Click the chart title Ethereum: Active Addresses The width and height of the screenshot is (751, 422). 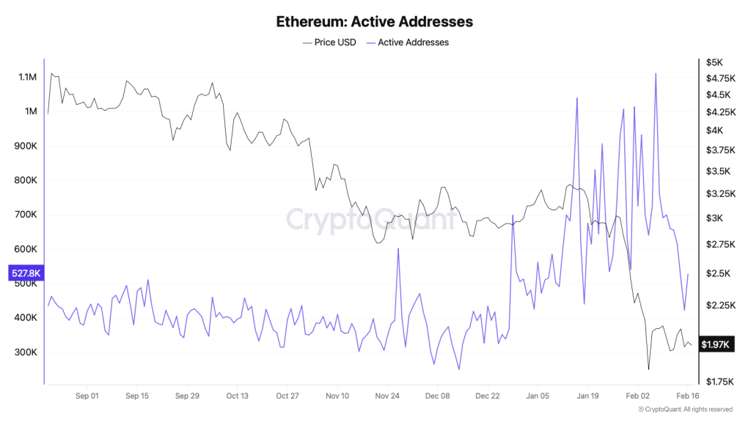point(374,21)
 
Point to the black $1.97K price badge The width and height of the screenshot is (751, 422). point(714,344)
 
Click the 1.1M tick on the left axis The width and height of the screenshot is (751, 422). point(27,77)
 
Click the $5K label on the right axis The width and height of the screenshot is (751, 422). point(714,62)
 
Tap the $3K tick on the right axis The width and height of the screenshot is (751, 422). point(714,218)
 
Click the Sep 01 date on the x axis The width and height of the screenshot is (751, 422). point(87,396)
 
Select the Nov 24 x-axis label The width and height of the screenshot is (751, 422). point(387,396)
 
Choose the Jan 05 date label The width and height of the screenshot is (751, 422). point(538,396)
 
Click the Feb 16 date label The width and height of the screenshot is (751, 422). point(688,396)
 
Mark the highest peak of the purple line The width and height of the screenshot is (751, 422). point(655,73)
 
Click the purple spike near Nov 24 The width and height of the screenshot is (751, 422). point(398,249)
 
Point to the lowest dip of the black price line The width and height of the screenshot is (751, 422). point(648,369)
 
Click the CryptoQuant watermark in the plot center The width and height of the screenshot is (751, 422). point(370,218)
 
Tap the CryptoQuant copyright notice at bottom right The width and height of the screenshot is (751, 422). point(685,409)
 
